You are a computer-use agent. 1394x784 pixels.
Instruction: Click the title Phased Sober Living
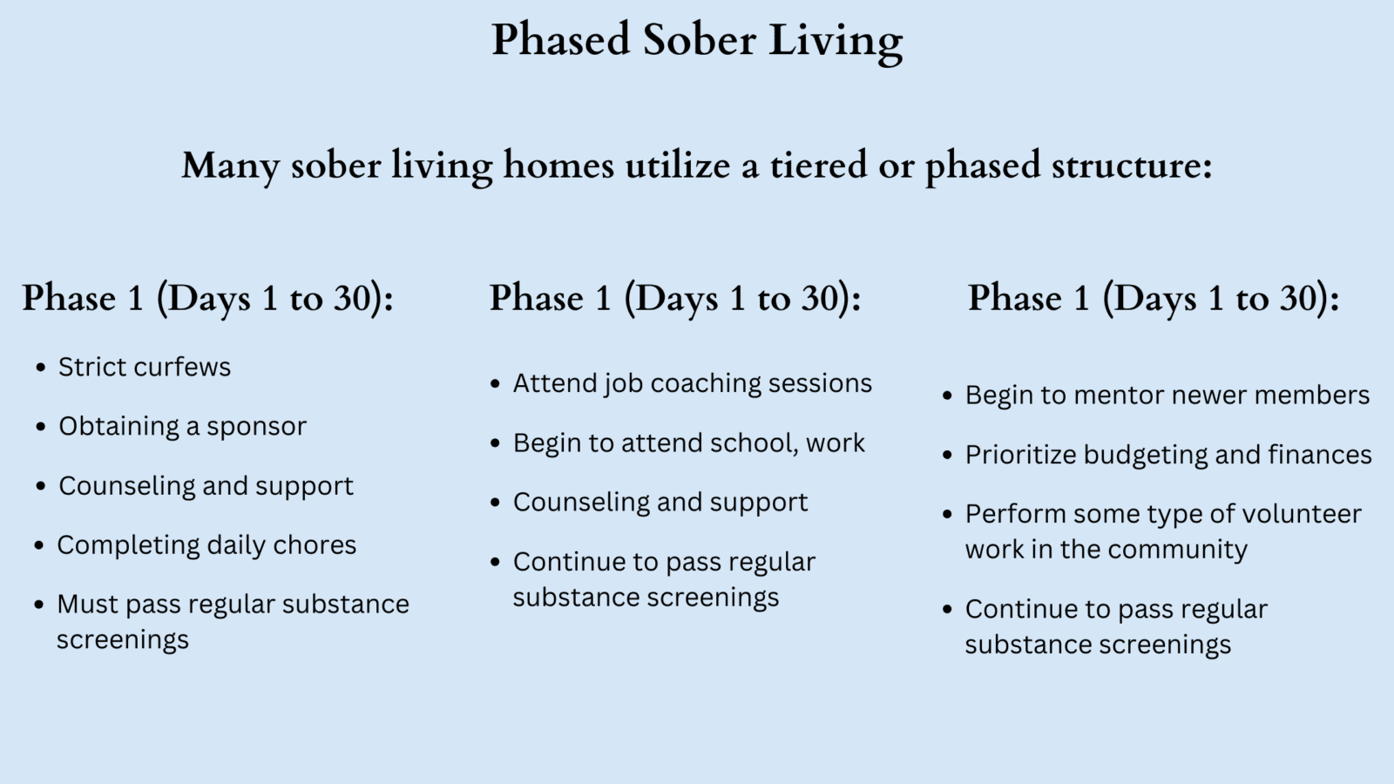click(697, 41)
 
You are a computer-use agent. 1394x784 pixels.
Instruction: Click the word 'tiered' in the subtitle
click(818, 166)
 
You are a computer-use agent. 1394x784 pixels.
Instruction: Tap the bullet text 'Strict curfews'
click(145, 367)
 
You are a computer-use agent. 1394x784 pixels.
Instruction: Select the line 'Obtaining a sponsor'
click(182, 426)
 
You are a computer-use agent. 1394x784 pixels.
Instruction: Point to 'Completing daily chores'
click(206, 545)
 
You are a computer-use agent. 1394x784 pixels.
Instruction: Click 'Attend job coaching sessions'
click(692, 383)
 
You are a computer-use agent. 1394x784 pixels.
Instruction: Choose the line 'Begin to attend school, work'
click(688, 443)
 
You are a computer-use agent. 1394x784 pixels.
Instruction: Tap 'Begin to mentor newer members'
click(1167, 395)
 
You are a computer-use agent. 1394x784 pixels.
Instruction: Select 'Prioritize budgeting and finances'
click(1167, 455)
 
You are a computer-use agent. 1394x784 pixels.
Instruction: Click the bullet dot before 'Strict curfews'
click(40, 368)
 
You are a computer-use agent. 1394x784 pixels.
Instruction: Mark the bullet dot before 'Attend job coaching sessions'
click(495, 384)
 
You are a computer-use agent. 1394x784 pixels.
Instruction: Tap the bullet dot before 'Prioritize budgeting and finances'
click(948, 456)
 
